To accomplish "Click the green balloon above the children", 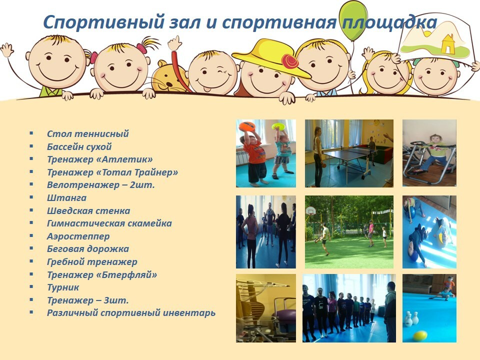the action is pyautogui.click(x=352, y=20).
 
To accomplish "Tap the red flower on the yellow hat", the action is pyautogui.click(x=289, y=61).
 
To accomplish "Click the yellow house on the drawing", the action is pyautogui.click(x=448, y=44).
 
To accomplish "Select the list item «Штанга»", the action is pyautogui.click(x=66, y=198).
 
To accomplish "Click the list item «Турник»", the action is pyautogui.click(x=63, y=287).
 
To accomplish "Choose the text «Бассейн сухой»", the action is pyautogui.click(x=79, y=146).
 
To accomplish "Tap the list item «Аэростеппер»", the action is pyautogui.click(x=78, y=236).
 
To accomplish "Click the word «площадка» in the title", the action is pyautogui.click(x=389, y=22).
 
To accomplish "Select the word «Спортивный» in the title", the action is pyautogui.click(x=104, y=22).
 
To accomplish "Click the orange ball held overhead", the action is pyautogui.click(x=247, y=126).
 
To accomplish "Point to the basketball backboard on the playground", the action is pyautogui.click(x=310, y=210).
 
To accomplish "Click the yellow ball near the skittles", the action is pyautogui.click(x=419, y=336).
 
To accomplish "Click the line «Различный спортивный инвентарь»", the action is pyautogui.click(x=131, y=313).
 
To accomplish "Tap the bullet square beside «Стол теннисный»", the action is pyautogui.click(x=31, y=133).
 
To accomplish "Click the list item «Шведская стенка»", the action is pyautogui.click(x=88, y=210).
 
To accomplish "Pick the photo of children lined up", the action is pyautogui.click(x=349, y=308).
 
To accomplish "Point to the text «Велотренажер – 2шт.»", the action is pyautogui.click(x=100, y=185).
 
